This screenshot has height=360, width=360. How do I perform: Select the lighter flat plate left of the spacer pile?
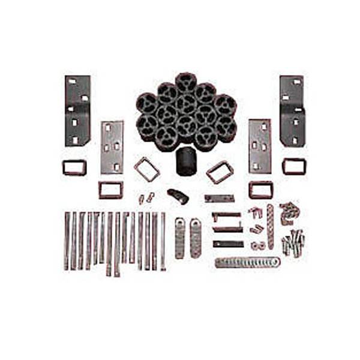(112, 147)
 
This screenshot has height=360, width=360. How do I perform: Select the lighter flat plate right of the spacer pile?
(260, 146)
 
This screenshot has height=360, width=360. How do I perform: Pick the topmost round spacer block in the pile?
(185, 82)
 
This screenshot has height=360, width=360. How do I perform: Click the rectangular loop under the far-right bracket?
(294, 166)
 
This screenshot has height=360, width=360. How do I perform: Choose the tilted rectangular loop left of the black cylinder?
(146, 169)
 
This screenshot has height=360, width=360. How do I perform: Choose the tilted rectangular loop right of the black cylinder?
(220, 172)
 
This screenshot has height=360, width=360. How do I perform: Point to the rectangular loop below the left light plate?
(111, 190)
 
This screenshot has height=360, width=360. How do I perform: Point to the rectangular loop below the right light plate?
(261, 190)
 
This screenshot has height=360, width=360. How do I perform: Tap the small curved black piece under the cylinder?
(178, 195)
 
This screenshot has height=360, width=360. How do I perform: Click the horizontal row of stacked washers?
(247, 262)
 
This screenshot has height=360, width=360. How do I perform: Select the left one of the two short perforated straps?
(180, 238)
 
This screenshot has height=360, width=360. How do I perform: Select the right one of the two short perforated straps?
(196, 238)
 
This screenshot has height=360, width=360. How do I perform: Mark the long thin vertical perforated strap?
(270, 227)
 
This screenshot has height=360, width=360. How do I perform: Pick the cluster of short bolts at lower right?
(293, 242)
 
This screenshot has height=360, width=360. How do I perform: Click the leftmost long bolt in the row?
(67, 240)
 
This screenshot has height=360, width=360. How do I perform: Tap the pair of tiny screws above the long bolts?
(146, 197)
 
